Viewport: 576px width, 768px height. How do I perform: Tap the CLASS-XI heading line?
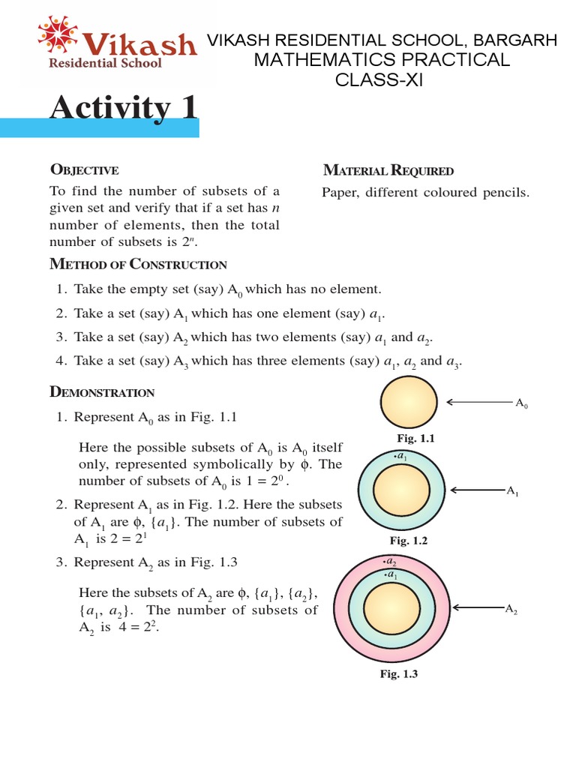379,80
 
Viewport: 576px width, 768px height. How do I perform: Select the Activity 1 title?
124,108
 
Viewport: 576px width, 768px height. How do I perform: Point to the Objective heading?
84,170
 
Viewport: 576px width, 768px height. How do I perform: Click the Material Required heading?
388,170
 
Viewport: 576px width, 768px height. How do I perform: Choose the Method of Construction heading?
138,264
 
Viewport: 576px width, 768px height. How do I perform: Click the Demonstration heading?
102,392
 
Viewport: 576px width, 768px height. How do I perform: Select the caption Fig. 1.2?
406,540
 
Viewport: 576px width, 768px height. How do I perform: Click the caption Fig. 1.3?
398,674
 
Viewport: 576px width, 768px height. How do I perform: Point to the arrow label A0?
522,403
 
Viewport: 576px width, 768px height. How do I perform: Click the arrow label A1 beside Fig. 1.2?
513,491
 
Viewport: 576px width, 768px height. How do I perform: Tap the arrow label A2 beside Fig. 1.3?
512,610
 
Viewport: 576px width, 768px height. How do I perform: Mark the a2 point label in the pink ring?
390,561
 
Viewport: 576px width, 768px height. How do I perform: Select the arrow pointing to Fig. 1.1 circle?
479,402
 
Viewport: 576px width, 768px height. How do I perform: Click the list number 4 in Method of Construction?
61,361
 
